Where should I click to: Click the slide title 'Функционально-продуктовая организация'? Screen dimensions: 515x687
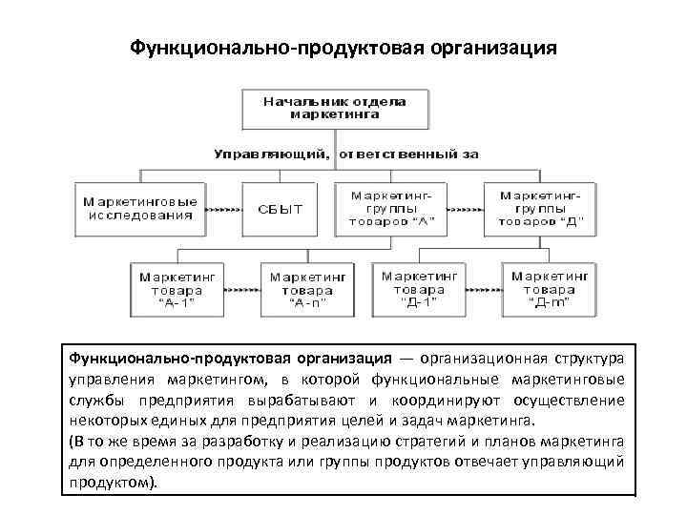point(343,48)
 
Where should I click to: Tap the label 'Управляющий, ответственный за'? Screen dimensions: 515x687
point(344,153)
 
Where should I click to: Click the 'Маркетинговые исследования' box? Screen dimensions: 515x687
point(139,209)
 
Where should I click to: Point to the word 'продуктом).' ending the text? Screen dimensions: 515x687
point(112,483)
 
